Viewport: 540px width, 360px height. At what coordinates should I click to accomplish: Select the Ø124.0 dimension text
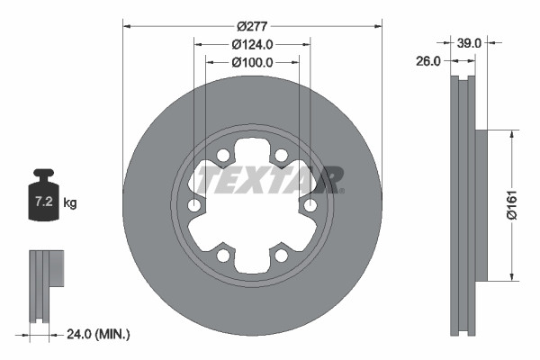[252, 44]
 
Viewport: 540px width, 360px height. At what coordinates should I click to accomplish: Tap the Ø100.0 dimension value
[252, 63]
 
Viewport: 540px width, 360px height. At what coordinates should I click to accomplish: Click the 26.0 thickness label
[429, 61]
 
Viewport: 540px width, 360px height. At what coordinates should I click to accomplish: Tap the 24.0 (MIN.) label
[99, 334]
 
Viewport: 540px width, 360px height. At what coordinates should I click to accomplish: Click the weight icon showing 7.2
[43, 200]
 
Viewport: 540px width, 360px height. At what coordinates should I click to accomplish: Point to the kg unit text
[70, 203]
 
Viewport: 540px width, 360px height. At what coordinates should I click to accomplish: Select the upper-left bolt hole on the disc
[223, 156]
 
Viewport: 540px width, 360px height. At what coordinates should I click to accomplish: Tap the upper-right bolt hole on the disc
[281, 156]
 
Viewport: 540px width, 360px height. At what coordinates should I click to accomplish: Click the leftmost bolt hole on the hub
[194, 206]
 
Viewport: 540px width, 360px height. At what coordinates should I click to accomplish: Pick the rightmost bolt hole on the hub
[310, 206]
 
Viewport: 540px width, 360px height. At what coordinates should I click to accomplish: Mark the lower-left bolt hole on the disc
[223, 256]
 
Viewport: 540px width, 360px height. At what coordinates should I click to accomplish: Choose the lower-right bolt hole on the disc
[281, 256]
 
